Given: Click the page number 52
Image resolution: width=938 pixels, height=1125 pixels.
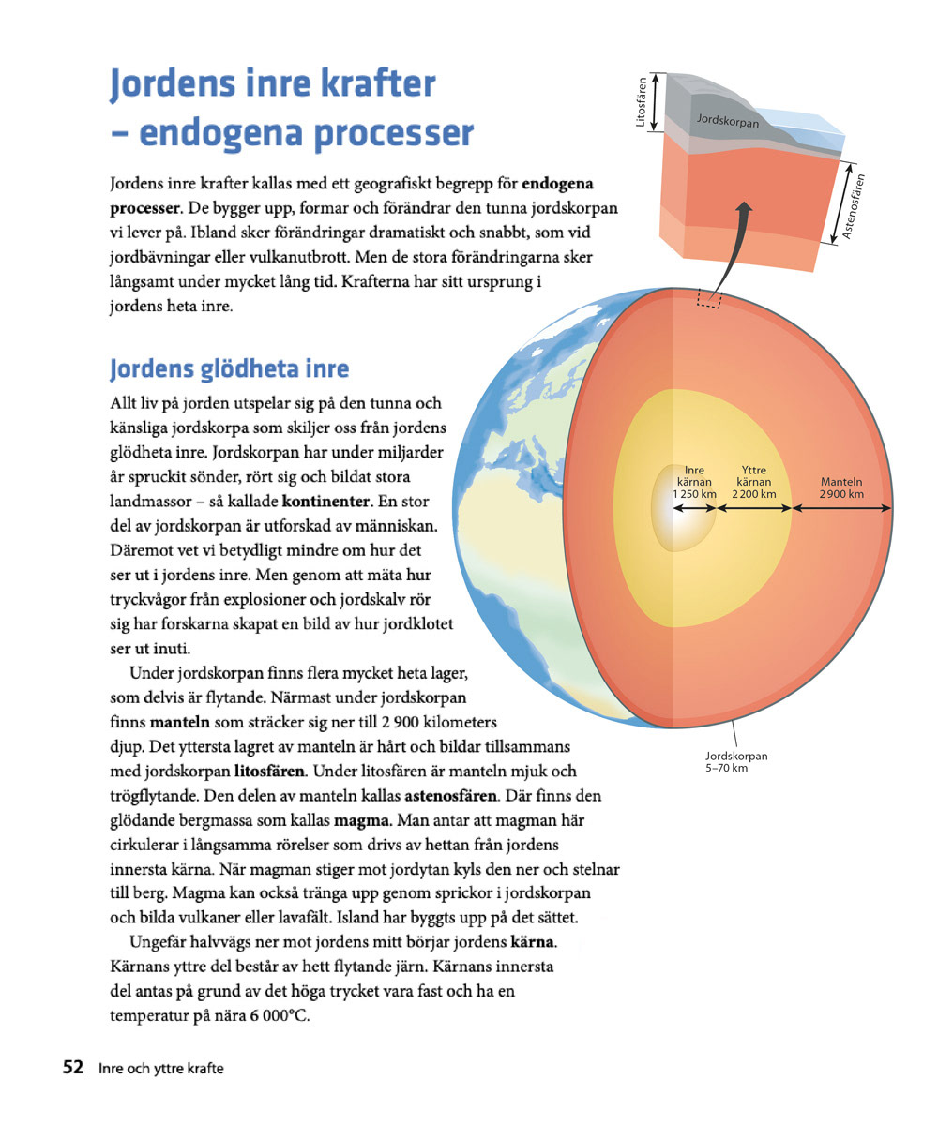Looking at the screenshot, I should click(x=73, y=1067).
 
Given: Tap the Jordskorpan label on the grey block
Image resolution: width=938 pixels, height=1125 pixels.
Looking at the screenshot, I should click(x=728, y=122).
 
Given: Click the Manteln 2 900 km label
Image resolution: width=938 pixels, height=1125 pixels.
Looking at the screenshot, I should click(x=841, y=488).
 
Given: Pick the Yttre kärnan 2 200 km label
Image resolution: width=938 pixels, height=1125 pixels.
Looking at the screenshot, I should click(x=754, y=482).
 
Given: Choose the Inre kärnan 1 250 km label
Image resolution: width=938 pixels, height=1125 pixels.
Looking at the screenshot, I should click(x=694, y=482).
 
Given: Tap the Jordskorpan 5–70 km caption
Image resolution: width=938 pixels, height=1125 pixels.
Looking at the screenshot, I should click(x=736, y=761).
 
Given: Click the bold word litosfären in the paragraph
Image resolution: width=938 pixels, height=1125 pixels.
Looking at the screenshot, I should click(x=268, y=772).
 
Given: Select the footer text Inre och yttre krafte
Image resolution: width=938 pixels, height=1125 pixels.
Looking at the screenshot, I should click(x=160, y=1068).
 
